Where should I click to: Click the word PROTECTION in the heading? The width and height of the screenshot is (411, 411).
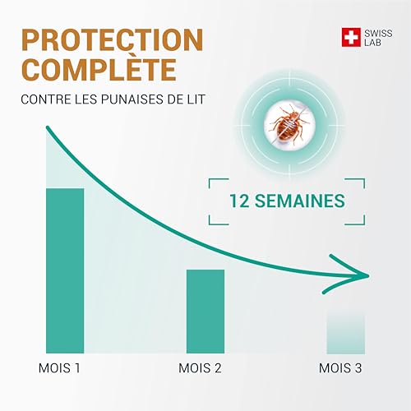112,39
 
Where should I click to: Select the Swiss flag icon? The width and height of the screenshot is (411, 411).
351,36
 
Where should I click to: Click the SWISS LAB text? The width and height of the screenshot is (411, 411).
375,36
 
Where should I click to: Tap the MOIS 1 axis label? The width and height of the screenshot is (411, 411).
59,367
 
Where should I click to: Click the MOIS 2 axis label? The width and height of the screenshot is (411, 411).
200,367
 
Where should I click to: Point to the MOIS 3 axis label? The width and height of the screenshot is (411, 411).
340,367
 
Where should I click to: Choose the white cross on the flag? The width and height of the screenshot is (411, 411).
351,36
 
